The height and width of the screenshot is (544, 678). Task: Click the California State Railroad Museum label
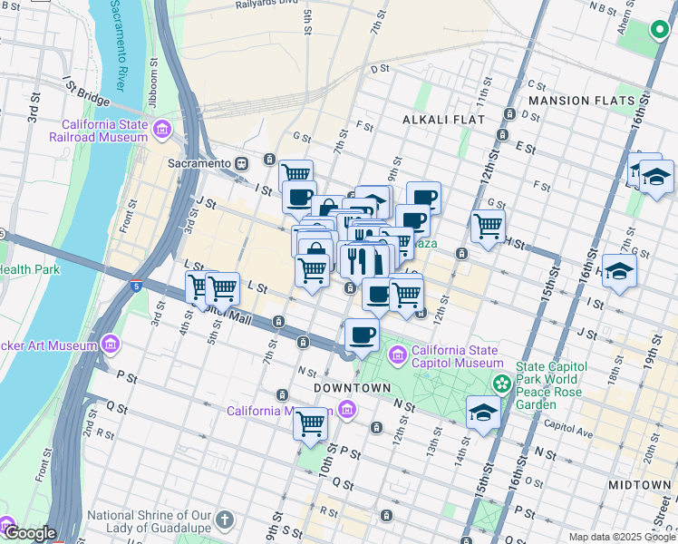104,131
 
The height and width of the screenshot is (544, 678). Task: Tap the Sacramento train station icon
242,163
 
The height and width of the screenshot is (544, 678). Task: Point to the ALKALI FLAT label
444,119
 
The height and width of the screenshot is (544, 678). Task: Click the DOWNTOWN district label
352,388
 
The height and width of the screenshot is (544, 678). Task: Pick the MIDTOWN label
639,485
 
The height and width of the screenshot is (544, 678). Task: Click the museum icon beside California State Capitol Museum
396,352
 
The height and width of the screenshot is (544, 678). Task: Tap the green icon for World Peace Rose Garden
499,385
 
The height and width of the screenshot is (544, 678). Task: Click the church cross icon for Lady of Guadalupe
225,520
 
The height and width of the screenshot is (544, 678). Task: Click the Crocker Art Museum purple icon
111,345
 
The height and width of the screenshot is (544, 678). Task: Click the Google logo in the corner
29,534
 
